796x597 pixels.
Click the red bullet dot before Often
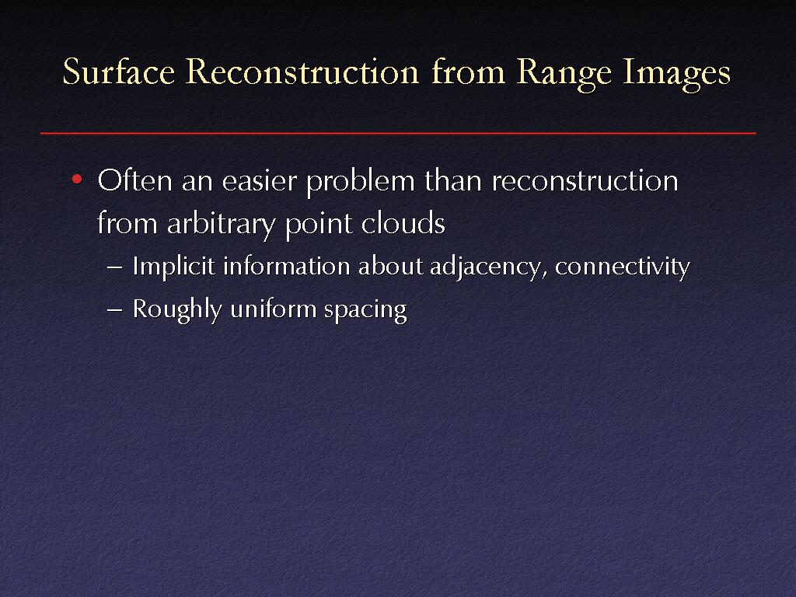(77, 179)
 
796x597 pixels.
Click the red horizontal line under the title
(398, 133)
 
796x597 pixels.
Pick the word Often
(134, 180)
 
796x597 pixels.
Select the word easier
(259, 181)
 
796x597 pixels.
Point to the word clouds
(403, 223)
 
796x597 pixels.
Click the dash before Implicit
(115, 267)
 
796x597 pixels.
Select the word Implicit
(173, 267)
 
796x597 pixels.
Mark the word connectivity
(623, 267)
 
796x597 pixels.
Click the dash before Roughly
(115, 310)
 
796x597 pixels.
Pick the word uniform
(274, 309)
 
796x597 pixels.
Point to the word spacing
(365, 311)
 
